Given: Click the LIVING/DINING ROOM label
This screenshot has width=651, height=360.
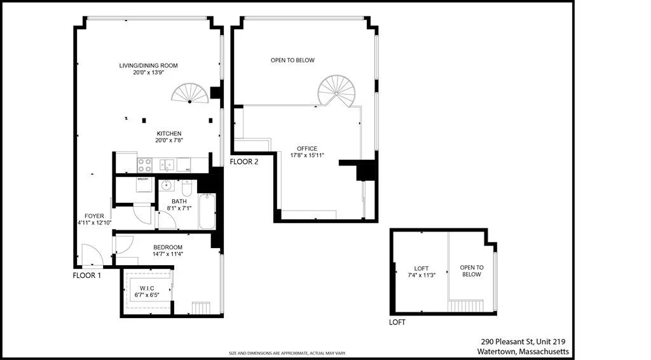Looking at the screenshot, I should click(x=148, y=66).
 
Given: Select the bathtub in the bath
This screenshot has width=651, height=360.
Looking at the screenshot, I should click(x=207, y=212).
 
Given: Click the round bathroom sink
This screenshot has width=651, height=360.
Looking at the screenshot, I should click(x=167, y=186).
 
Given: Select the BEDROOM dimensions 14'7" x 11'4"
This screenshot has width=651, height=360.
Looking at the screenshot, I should click(x=168, y=254).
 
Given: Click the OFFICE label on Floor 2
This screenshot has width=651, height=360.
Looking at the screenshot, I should click(x=307, y=149).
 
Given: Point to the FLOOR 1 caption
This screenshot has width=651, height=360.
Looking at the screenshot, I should click(x=87, y=275).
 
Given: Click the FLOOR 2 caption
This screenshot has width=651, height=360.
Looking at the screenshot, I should click(x=244, y=162).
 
